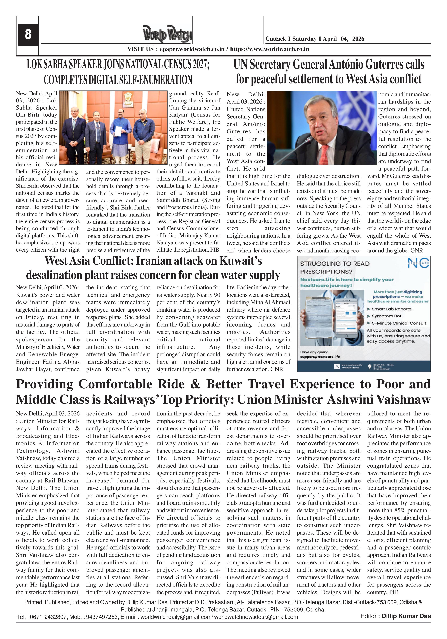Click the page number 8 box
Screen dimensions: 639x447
click(28, 34)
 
